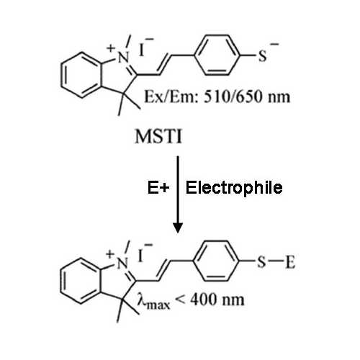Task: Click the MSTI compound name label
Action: (158, 136)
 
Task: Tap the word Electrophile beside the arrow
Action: (234, 188)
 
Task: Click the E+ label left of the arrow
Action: (158, 187)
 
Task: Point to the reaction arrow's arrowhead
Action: (178, 228)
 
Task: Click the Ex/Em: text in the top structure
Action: (171, 97)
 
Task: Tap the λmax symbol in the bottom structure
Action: (153, 301)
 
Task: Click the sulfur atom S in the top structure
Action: (262, 55)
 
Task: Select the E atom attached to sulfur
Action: (290, 262)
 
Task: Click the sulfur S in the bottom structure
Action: (261, 262)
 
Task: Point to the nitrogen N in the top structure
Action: (124, 58)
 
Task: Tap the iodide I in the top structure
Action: (142, 50)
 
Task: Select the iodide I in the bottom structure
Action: (140, 256)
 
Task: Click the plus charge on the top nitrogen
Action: (111, 48)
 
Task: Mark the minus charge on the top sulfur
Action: (274, 44)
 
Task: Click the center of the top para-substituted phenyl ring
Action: (217, 55)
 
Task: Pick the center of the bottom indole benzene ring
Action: (80, 281)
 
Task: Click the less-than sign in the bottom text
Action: (180, 300)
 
